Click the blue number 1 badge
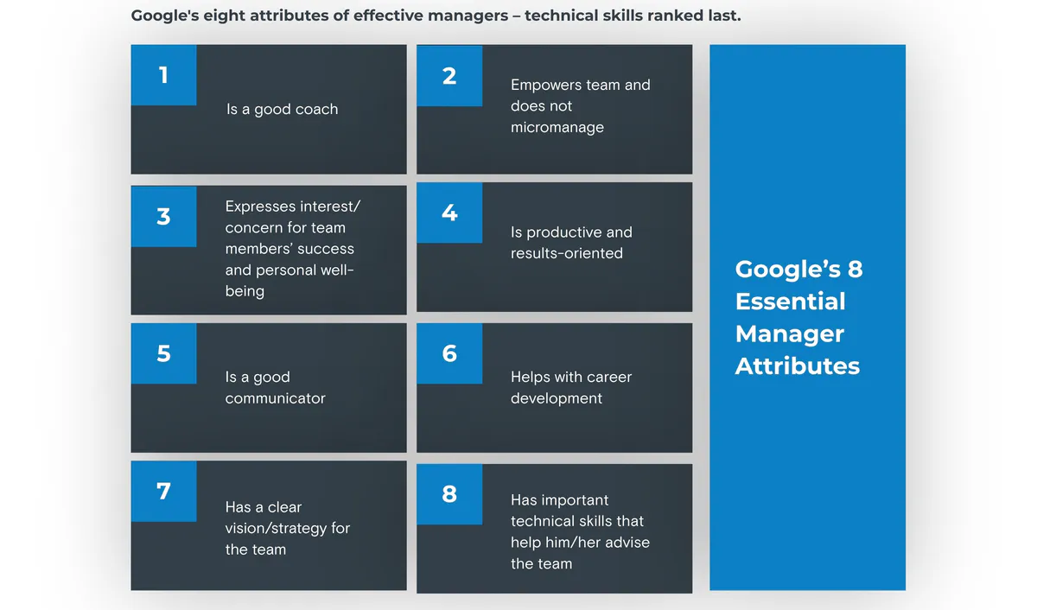[163, 75]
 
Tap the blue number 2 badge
[449, 75]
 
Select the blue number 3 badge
[163, 216]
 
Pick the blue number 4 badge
[449, 213]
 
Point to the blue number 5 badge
[163, 353]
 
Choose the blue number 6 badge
[449, 353]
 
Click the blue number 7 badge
[163, 491]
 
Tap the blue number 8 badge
[449, 494]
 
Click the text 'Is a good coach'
[282, 110]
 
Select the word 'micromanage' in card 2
[557, 127]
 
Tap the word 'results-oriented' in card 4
[567, 253]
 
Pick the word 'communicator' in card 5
[276, 398]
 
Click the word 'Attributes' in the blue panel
[798, 365]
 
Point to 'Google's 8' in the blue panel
[799, 270]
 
